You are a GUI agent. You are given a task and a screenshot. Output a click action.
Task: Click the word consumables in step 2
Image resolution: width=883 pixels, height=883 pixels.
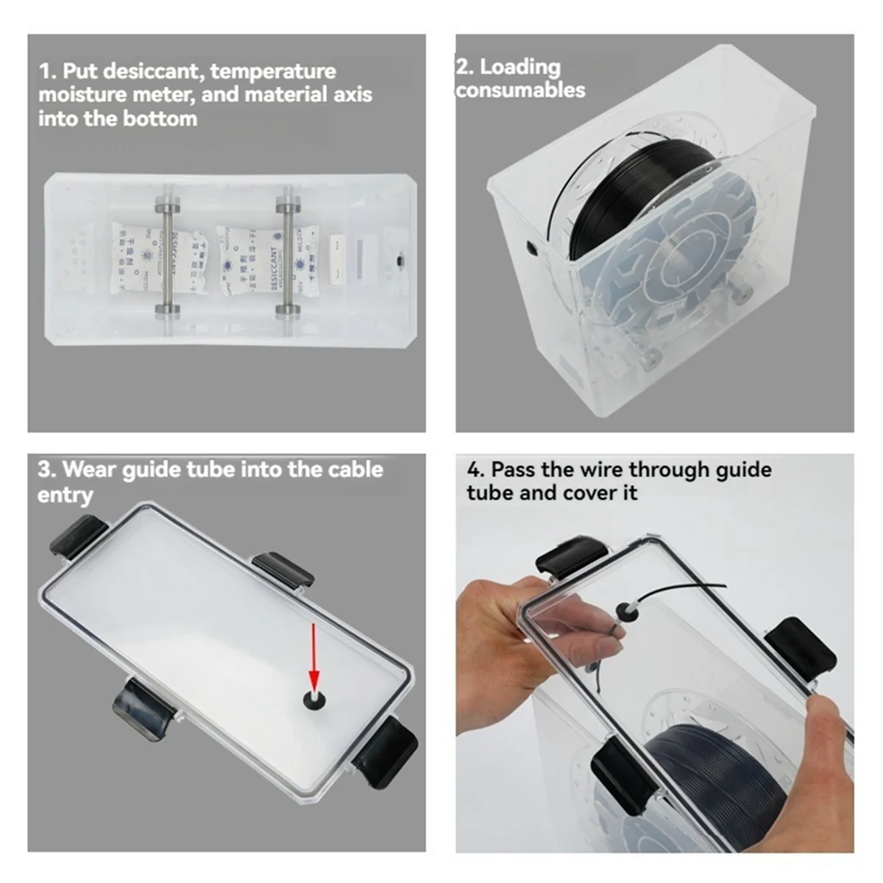[x=520, y=90]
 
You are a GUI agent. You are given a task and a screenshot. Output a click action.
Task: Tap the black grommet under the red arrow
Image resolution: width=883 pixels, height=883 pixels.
[x=315, y=700]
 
